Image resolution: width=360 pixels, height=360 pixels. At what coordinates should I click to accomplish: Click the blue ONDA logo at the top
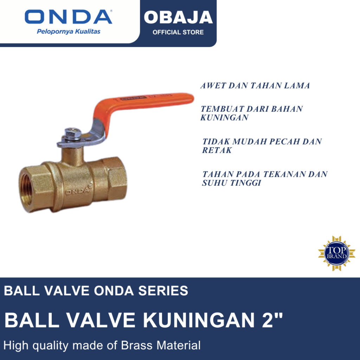point(68,17)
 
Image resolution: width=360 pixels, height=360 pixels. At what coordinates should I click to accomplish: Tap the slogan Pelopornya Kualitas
point(69,32)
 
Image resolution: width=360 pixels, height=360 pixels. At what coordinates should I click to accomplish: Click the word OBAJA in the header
point(178,17)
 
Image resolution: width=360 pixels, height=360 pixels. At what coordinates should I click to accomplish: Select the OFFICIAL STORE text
point(178,32)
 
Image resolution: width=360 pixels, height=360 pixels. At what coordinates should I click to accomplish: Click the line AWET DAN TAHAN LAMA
point(255,86)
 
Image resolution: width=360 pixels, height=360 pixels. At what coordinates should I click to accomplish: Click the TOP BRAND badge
point(332,253)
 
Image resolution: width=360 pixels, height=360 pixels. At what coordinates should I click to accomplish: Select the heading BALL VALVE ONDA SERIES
point(96,291)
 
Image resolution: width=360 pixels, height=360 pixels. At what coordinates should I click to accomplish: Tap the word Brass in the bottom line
point(137,345)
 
